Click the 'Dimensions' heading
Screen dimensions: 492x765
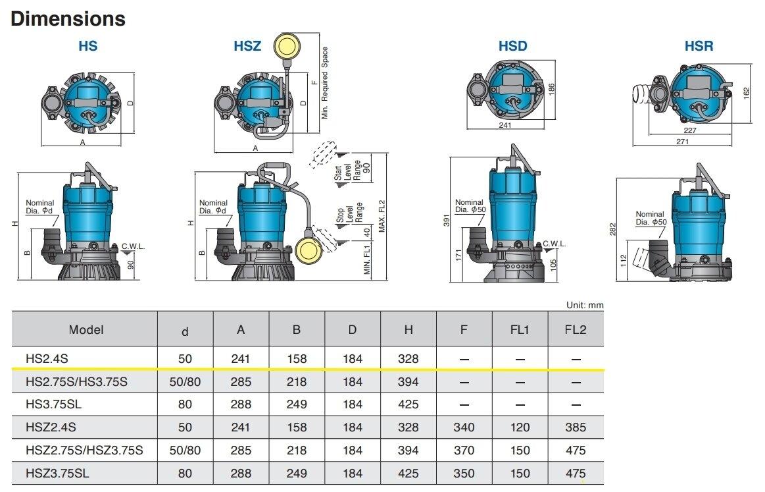68,18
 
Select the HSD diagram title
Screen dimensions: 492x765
512,46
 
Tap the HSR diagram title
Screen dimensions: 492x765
698,46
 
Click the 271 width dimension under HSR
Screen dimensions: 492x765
681,141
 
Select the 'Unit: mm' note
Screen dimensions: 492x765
584,306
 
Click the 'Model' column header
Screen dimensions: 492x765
86,329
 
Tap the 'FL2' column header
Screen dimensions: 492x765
576,329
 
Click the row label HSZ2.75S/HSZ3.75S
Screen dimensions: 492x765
84,451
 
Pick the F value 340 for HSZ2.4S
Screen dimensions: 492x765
464,427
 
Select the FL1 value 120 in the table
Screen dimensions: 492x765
520,427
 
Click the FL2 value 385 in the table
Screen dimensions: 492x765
576,427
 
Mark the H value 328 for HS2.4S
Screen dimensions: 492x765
408,359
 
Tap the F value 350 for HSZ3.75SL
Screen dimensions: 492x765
464,473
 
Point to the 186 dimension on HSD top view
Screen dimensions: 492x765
551,87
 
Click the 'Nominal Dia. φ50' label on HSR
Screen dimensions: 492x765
650,218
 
